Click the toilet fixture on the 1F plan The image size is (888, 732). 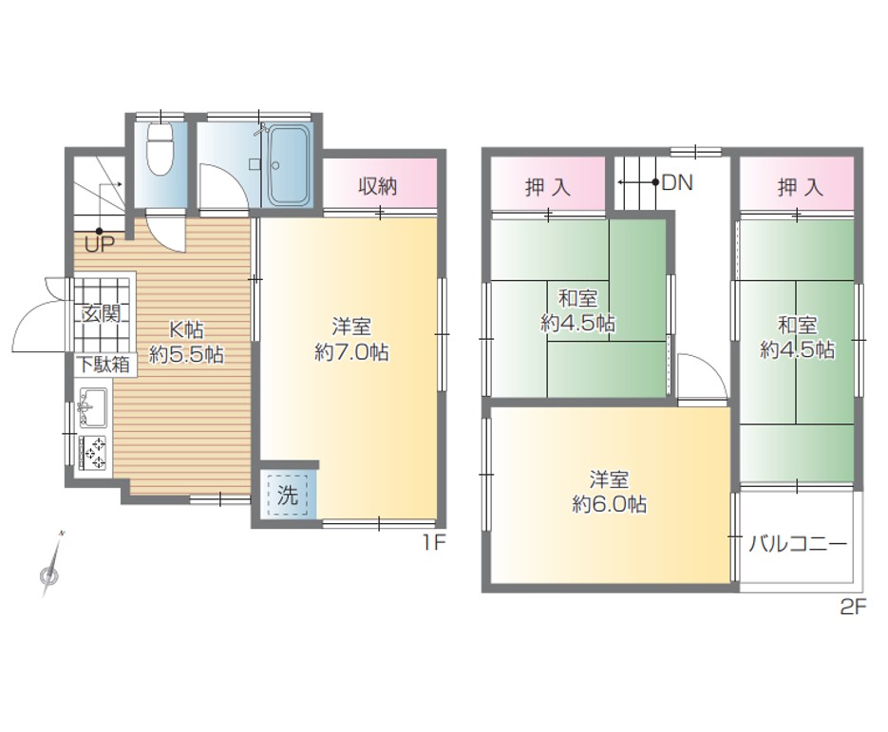160,149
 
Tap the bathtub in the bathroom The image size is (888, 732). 289,165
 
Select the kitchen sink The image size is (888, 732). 92,407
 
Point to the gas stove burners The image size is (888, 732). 93,452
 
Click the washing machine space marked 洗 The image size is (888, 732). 288,496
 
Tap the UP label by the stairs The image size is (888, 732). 100,245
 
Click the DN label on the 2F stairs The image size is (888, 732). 677,183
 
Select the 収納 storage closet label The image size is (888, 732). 378,186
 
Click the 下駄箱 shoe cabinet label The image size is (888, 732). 104,365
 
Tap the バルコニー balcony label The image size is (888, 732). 798,544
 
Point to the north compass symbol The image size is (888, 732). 51,566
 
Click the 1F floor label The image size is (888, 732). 433,543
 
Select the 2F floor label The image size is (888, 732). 853,608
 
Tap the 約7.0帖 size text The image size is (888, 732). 351,352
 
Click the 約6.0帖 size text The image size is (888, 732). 610,503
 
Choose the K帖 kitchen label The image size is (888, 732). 187,329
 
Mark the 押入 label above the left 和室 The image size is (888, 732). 548,187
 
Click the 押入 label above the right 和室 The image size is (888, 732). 801,187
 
